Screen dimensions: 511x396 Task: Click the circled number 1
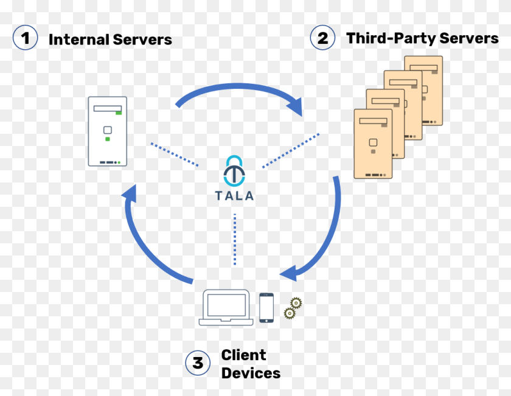point(26,38)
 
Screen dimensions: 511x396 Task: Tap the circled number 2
point(322,38)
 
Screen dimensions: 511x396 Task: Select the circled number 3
point(198,363)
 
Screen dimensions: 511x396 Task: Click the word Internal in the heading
point(79,40)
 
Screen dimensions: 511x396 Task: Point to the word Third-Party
point(391,38)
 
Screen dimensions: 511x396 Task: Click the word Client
point(244,355)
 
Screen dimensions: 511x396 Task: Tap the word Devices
point(251,373)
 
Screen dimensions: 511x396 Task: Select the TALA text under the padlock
point(234,195)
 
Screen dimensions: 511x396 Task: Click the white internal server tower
point(108,131)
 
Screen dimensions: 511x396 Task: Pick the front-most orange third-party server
point(373,144)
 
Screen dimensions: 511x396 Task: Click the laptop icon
point(226,307)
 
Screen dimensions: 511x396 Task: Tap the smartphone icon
point(266,308)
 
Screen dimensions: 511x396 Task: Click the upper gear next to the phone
point(296,303)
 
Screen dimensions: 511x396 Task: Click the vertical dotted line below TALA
point(235,239)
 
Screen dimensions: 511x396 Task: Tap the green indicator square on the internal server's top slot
point(119,113)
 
